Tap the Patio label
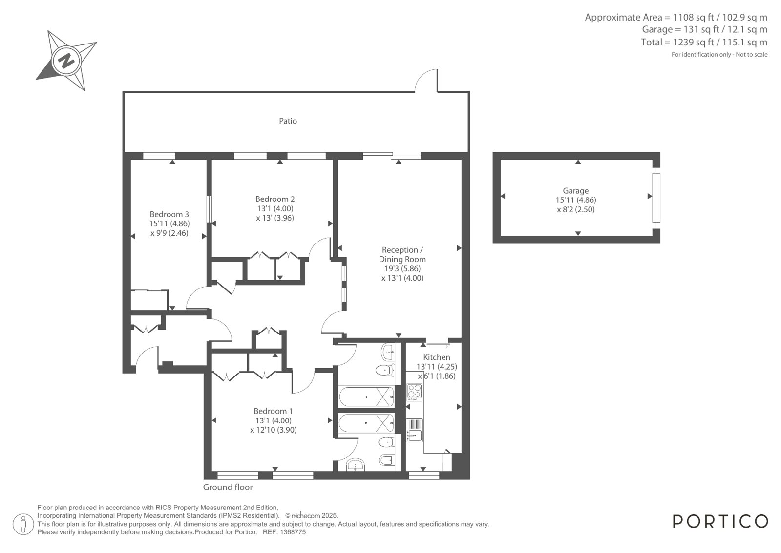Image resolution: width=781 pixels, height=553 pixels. pos(288,121)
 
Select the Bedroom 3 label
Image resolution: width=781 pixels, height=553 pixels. pos(169,214)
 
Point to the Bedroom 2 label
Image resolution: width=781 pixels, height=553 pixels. pos(275,199)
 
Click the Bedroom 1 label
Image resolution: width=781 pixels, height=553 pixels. pos(273,411)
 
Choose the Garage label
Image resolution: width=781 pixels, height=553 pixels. pos(576,191)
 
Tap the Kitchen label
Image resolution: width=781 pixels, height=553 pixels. pos(437,357)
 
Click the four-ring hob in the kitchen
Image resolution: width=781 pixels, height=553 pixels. pos(415,393)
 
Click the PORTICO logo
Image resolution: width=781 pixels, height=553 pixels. pos(720,521)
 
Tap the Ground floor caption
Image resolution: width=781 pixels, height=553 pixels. pos(228,487)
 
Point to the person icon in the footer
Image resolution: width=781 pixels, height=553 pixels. pos(23,524)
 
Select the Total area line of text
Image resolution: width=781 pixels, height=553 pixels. pos(704,42)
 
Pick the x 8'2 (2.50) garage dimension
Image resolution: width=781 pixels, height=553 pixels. pos(576,209)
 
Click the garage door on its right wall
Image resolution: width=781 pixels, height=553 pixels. pos(656,198)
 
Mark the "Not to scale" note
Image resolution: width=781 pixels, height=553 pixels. pos(751,54)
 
